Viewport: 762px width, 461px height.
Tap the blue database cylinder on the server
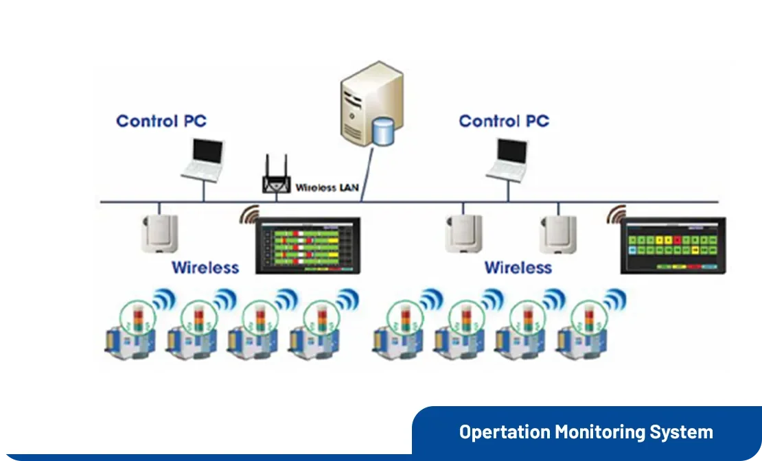(382, 130)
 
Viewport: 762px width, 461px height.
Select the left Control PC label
(161, 121)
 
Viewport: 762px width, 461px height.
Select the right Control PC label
(504, 121)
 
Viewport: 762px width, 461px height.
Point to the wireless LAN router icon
(277, 177)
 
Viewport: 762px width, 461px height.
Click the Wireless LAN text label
(327, 187)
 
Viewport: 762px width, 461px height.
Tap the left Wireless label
(205, 267)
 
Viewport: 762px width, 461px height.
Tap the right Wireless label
(518, 267)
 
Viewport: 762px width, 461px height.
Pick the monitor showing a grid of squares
(673, 246)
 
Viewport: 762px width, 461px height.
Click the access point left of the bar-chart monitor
(160, 233)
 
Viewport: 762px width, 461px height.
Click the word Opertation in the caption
(505, 432)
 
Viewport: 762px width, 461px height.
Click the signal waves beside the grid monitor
(615, 215)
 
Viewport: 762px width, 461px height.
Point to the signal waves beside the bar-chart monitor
(249, 215)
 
